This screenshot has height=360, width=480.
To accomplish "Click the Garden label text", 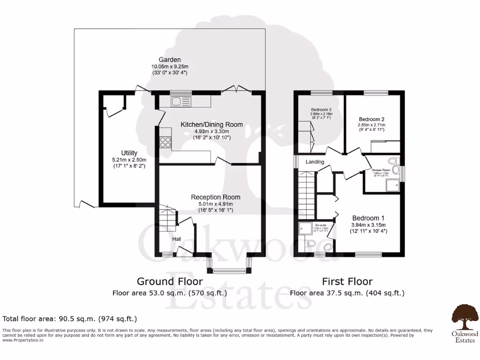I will tap(170, 60).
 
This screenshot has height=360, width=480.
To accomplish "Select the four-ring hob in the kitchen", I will tap(165, 142).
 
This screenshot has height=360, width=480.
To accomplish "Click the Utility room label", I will tap(129, 153).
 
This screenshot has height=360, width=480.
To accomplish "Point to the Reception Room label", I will tap(216, 197).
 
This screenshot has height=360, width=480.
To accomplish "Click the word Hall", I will tap(176, 239).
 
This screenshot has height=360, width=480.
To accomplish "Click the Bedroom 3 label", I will tap(321, 109).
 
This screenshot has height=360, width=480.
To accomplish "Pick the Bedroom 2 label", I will tap(372, 119).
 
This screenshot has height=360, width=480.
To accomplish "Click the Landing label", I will tap(315, 162).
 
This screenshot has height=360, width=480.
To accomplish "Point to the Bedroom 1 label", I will tap(368, 218).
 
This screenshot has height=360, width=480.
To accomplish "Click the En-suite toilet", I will tap(309, 243).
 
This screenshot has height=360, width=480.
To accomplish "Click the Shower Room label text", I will tap(381, 170).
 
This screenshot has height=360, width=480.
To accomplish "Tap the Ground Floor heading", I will tap(170, 281).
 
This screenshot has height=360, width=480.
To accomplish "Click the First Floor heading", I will tap(347, 281).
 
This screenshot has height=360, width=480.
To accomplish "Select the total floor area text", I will tap(70, 319).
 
